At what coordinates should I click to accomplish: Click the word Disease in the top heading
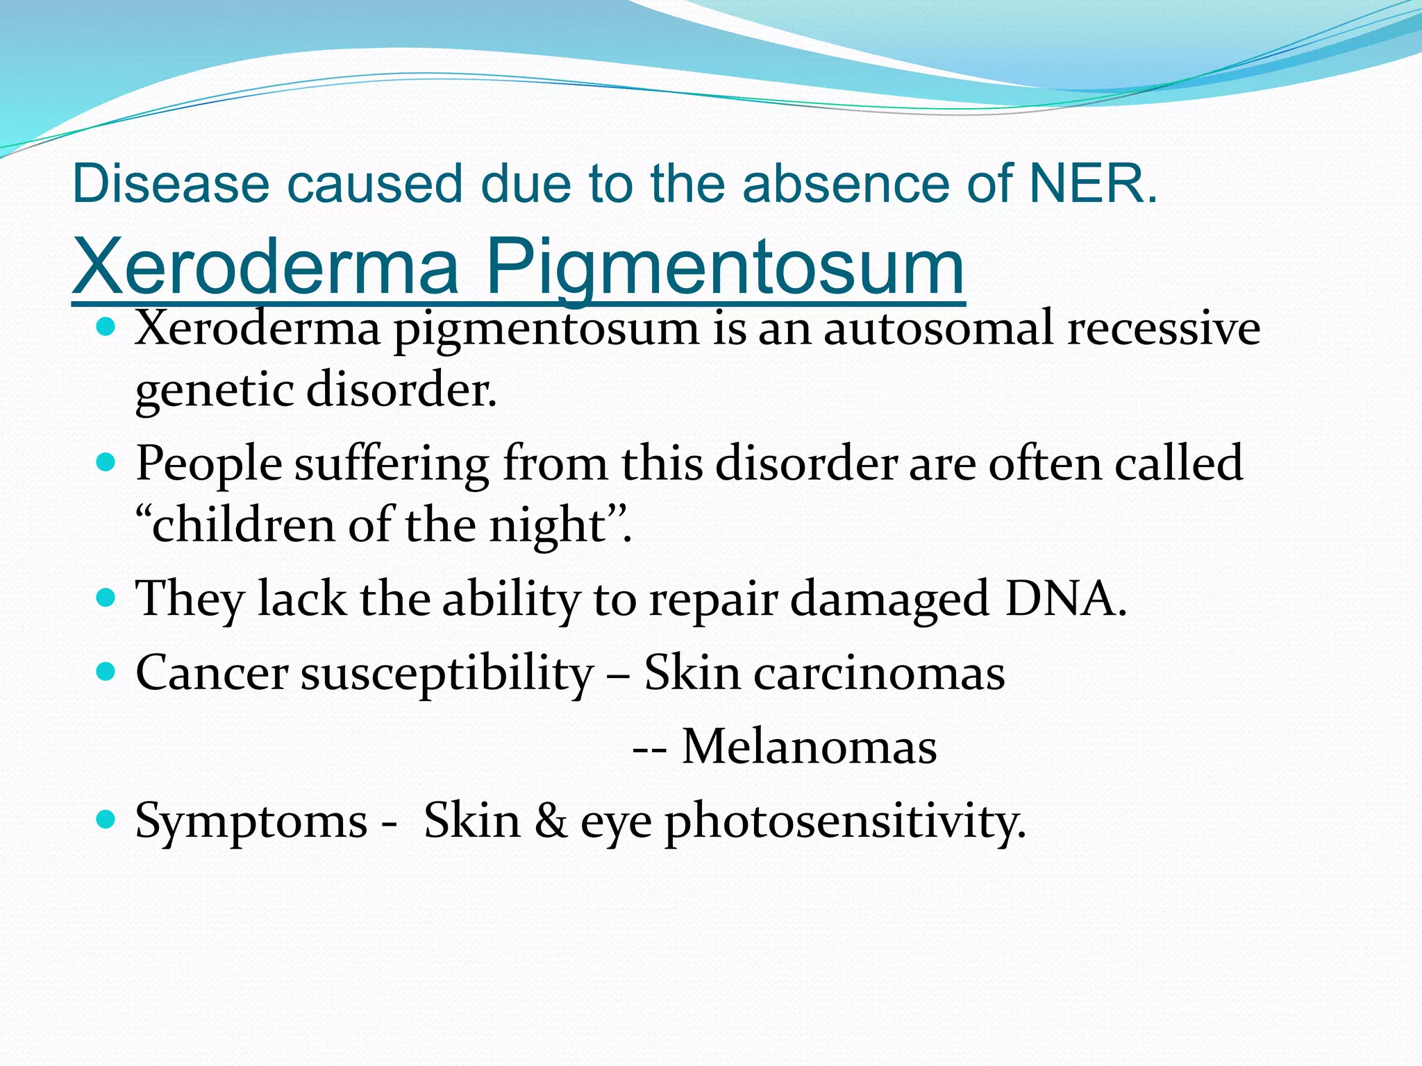click(x=170, y=184)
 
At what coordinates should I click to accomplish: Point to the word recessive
click(x=1164, y=328)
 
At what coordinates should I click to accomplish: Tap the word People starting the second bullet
click(x=208, y=464)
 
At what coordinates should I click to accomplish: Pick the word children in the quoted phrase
click(x=243, y=525)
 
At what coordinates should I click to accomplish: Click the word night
click(x=548, y=526)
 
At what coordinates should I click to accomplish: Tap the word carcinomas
click(x=879, y=672)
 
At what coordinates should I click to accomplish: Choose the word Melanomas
click(x=809, y=747)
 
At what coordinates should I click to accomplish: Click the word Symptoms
click(x=251, y=822)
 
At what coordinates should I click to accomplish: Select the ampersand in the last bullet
click(x=551, y=820)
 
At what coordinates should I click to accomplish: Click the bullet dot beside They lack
click(x=106, y=598)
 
